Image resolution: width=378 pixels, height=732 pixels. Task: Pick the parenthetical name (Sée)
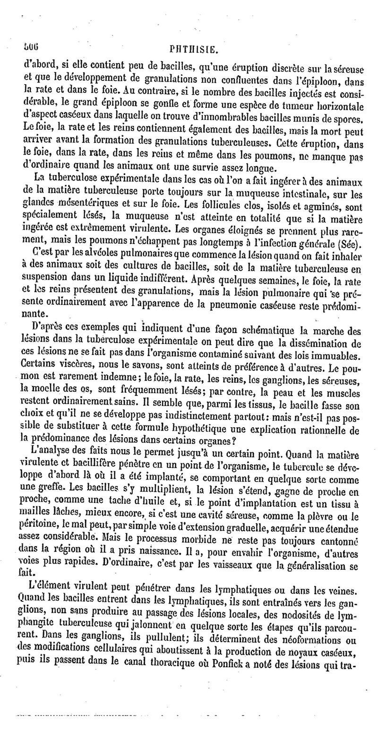pos(350,245)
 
